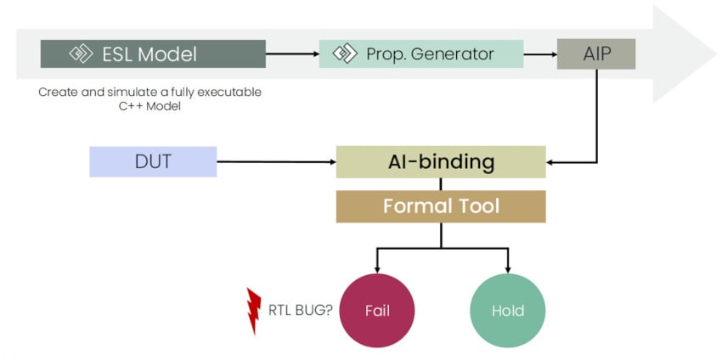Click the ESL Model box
tap(153, 54)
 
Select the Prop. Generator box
tap(420, 54)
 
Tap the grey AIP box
tap(595, 54)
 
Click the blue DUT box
tap(153, 161)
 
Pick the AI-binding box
tap(440, 161)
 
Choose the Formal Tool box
tap(440, 206)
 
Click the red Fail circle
tap(377, 310)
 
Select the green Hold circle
tap(507, 310)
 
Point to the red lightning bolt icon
tap(253, 310)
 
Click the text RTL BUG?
tap(298, 310)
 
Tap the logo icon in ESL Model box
tap(81, 54)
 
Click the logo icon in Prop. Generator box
tap(344, 54)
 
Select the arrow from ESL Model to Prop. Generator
tap(291, 54)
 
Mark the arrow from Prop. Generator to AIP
tap(539, 54)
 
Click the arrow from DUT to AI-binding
tap(276, 161)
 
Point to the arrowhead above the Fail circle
tap(377, 269)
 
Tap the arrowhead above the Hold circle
tap(507, 269)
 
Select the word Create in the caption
tap(55, 92)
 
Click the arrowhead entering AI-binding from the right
tap(551, 161)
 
